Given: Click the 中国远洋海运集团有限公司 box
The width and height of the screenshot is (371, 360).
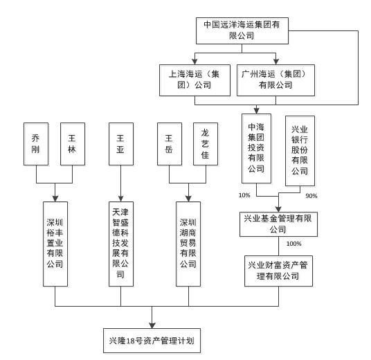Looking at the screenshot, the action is tap(242, 30).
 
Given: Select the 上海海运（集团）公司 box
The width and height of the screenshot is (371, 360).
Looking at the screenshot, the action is tap(194, 80).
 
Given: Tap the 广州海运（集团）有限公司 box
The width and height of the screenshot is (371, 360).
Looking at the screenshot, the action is tap(275, 80).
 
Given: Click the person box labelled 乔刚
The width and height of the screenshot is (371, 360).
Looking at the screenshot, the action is tap(36, 144).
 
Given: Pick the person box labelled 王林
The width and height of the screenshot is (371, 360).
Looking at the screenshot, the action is tap(73, 144).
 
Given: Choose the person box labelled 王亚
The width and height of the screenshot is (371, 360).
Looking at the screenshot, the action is tap(121, 144).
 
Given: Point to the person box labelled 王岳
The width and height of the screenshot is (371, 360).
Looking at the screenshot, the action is tap(170, 144).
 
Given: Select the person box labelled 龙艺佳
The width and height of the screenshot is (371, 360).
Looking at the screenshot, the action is tap(206, 144).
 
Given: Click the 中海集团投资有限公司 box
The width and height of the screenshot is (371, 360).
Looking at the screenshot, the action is tap(256, 149).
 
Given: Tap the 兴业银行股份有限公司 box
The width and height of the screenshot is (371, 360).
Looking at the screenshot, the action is tap(300, 151).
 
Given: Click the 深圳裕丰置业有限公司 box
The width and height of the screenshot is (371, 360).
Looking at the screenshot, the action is tap(55, 244).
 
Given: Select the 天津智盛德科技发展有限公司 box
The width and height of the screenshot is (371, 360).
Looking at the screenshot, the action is tap(121, 244).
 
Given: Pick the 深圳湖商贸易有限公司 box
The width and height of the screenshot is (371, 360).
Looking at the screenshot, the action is tap(188, 244).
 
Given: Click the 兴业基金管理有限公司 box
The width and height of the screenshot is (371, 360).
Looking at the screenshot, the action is tap(278, 224).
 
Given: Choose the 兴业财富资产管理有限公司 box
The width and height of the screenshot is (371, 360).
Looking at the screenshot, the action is tap(278, 271).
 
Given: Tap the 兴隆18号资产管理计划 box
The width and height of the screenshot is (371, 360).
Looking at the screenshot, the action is tap(152, 341).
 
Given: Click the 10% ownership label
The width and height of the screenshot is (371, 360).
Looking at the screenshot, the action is tap(244, 195).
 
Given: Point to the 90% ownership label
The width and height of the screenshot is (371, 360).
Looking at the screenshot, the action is tap(311, 196).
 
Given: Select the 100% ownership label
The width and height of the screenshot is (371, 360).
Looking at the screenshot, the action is tap(294, 244).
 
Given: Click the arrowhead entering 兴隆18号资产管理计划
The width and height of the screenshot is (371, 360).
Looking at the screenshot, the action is tap(152, 325).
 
